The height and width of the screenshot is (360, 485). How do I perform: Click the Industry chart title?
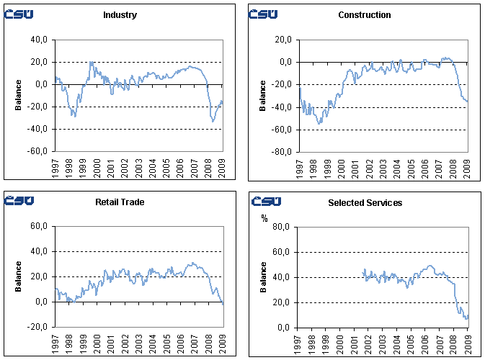120,15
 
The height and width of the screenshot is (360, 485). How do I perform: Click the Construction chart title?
364,15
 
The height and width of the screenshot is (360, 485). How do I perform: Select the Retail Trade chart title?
120,202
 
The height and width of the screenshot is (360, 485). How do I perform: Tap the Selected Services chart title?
364,203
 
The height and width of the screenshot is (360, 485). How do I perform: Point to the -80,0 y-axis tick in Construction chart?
282,152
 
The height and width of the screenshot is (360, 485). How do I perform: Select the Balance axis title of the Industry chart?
18,96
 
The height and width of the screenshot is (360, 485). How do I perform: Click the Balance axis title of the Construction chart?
263,96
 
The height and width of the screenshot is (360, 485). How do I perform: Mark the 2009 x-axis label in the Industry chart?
221,168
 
